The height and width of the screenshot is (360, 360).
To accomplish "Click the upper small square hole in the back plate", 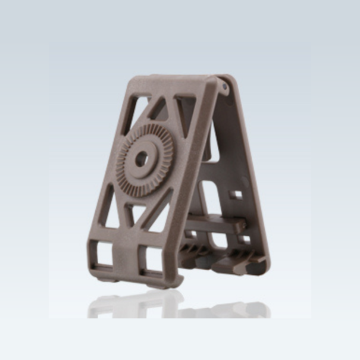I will click(x=236, y=195).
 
